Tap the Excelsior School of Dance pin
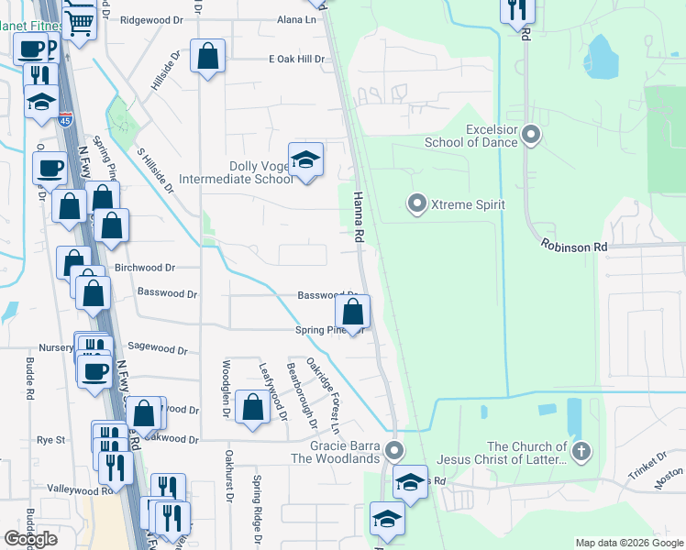tap(531, 137)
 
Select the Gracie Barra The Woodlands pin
tap(394, 450)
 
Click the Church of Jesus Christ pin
tap(580, 451)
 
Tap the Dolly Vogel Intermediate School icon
tap(304, 161)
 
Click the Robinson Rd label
tap(574, 246)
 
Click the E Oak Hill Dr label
tap(296, 60)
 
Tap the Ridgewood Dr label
tap(152, 18)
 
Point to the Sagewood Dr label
tap(157, 350)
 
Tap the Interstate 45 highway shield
tap(65, 119)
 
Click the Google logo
tap(31, 539)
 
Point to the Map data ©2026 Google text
tap(628, 543)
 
